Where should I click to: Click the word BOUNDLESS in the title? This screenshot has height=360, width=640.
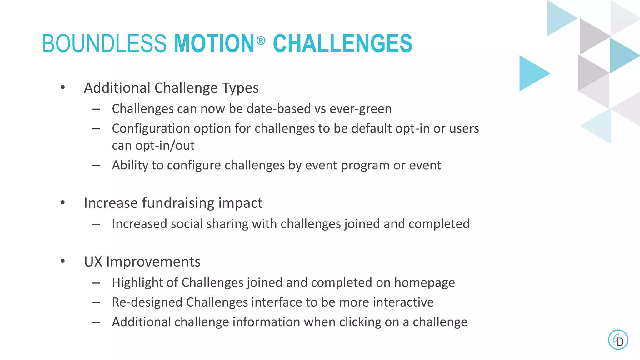point(104,43)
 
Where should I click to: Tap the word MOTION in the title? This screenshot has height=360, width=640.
point(214,43)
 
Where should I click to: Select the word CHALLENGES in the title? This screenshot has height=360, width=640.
point(342,43)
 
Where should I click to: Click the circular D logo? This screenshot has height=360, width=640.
point(618,340)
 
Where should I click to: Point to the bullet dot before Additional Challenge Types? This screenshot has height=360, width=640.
point(63,87)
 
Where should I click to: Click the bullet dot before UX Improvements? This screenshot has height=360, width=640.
point(63,261)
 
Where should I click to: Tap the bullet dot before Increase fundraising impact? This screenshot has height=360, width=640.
point(63,202)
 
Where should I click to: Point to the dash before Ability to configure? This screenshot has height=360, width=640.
point(96,165)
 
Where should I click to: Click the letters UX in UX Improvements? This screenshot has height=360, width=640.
point(93,262)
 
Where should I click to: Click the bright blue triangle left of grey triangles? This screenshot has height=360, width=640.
point(531,73)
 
